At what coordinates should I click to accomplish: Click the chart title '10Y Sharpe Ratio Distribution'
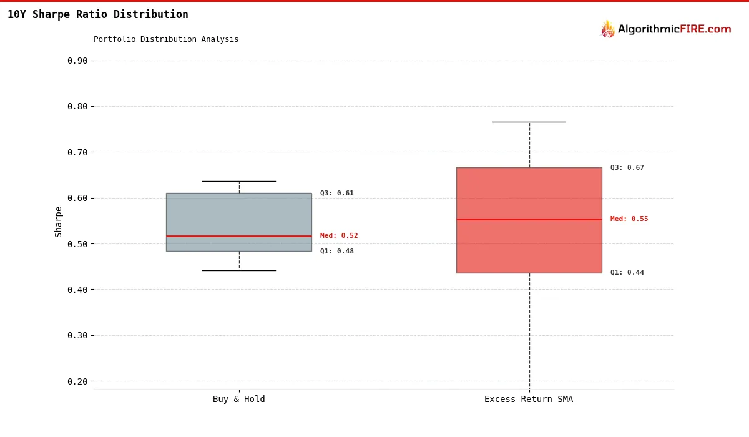click(98, 14)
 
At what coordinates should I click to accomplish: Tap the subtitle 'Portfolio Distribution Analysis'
click(166, 39)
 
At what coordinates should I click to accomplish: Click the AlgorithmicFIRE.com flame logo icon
click(607, 29)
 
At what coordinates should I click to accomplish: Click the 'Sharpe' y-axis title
click(59, 222)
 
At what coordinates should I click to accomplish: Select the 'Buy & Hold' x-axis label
click(238, 400)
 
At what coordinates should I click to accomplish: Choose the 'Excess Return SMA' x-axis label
click(529, 400)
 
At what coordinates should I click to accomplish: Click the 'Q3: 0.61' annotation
click(337, 194)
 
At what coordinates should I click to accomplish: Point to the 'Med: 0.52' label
click(339, 236)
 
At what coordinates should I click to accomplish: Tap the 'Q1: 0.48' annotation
click(337, 252)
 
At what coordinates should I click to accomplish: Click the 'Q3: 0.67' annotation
click(627, 168)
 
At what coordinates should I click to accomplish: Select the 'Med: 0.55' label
click(629, 219)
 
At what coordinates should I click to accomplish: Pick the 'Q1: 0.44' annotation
click(627, 273)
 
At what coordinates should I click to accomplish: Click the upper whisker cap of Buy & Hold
click(239, 181)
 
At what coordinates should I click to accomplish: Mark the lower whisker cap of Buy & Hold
click(239, 270)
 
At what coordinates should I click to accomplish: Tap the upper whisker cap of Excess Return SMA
click(529, 122)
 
